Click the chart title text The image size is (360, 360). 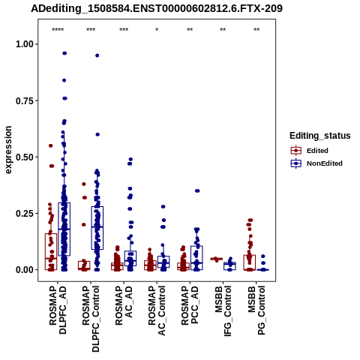pyautogui.click(x=157, y=8)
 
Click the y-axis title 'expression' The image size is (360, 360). pyautogui.click(x=8, y=150)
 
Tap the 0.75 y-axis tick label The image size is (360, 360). pyautogui.click(x=24, y=100)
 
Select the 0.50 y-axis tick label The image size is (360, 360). pyautogui.click(x=24, y=157)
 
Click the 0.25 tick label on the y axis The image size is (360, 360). pyautogui.click(x=24, y=214)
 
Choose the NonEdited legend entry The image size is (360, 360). pyautogui.click(x=316, y=163)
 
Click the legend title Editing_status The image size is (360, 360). pyautogui.click(x=320, y=136)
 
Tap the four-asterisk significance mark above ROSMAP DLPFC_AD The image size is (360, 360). pyautogui.click(x=58, y=30)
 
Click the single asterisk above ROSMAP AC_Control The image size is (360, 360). pyautogui.click(x=157, y=30)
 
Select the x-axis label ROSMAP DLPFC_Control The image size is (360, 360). pyautogui.click(x=91, y=319)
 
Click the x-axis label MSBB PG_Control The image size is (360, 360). pyautogui.click(x=256, y=310)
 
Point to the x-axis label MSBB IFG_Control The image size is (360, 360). pyautogui.click(x=223, y=311)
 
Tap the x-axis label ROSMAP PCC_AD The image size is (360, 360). pyautogui.click(x=190, y=305)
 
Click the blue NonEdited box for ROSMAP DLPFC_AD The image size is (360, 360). pyautogui.click(x=64, y=229)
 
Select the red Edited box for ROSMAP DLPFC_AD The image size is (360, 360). pyautogui.click(x=51, y=252)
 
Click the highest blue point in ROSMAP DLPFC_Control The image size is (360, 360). pyautogui.click(x=97, y=55)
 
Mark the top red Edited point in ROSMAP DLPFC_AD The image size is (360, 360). pyautogui.click(x=50, y=145)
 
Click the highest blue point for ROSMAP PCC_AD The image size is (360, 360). pyautogui.click(x=197, y=190)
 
